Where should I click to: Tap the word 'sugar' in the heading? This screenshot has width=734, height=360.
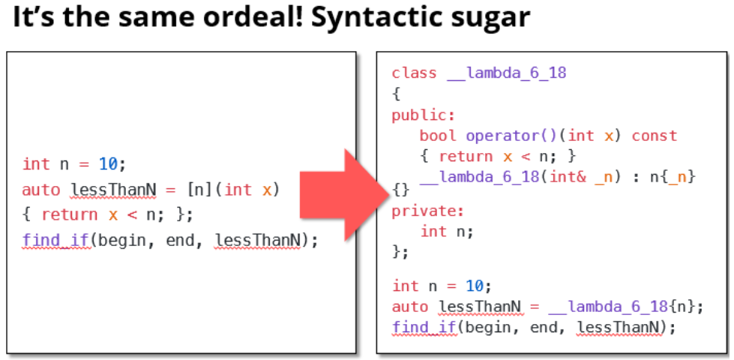[492, 18]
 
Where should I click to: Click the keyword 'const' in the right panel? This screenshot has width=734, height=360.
[655, 136]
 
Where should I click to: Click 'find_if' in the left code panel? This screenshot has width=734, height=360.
[56, 240]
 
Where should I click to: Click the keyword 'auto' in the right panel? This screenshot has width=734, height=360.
[410, 306]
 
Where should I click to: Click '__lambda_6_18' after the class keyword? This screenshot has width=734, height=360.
[506, 73]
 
